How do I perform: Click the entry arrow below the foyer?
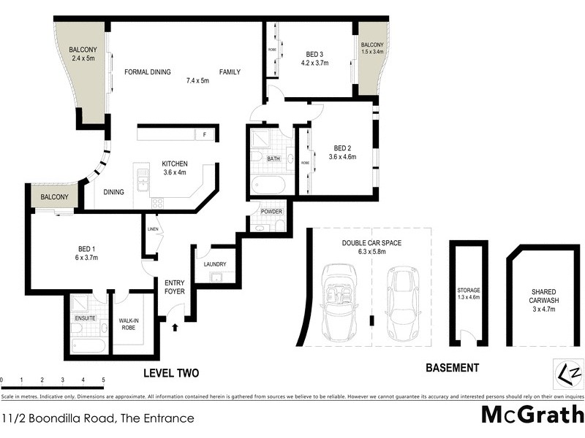tap(174, 328)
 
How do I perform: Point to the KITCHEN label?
tap(175, 164)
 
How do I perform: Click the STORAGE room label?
tap(468, 290)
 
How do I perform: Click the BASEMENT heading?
tap(452, 368)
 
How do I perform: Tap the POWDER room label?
tap(271, 212)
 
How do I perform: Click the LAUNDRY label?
tap(214, 264)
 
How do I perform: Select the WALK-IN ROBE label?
tap(132, 322)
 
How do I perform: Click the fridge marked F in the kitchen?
tap(205, 135)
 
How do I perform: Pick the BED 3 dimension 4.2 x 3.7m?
tap(316, 63)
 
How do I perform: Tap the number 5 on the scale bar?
tap(103, 380)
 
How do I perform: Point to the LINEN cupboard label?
tap(152, 230)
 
